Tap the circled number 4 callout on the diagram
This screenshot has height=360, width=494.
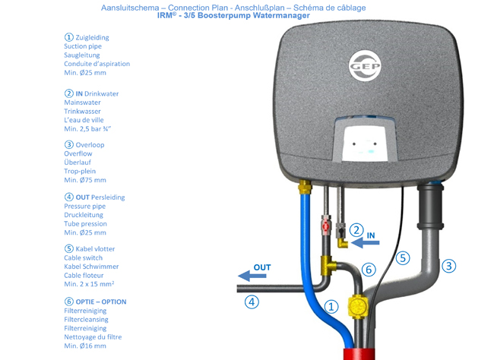(x=252, y=302)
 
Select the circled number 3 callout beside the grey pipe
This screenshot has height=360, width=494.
(x=449, y=266)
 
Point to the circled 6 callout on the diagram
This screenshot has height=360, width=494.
(x=369, y=269)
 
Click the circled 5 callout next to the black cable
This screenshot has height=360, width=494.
(x=402, y=257)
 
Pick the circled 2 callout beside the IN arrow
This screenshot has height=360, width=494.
(x=355, y=229)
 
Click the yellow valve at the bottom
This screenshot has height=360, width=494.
(x=357, y=307)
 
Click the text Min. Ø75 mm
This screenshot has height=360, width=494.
(x=85, y=180)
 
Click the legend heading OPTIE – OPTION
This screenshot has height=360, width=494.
(x=95, y=302)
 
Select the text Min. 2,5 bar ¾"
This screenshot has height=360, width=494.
(x=89, y=128)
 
